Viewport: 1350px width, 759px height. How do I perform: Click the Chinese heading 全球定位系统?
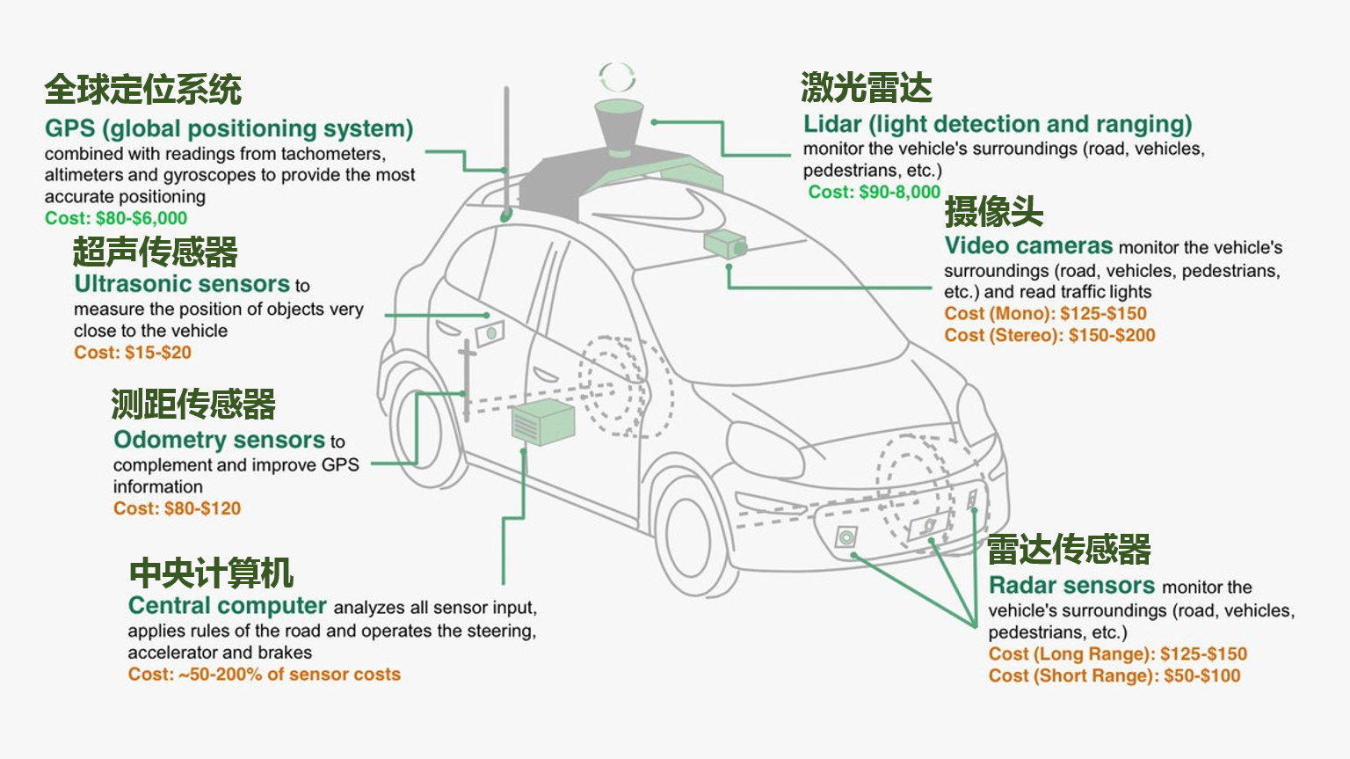[142, 90]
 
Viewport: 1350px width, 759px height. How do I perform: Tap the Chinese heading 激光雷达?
[866, 88]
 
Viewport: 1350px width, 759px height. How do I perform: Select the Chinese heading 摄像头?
[993, 212]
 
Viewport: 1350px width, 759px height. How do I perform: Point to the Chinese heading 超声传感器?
[155, 252]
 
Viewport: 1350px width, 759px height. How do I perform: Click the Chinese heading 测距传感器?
[192, 405]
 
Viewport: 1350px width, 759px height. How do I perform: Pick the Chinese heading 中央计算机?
[211, 573]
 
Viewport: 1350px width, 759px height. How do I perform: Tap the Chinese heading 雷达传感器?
[1068, 550]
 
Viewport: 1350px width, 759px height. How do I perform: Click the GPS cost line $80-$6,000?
[116, 218]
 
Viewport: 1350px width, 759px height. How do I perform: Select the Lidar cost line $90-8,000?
[874, 192]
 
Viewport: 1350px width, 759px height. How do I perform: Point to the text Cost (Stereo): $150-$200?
[1049, 335]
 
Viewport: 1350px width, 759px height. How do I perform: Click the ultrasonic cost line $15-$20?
[133, 353]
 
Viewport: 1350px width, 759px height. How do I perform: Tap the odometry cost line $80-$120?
[177, 508]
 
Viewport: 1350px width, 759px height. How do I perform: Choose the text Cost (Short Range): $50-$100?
[1114, 675]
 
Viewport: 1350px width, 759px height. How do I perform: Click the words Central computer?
[228, 606]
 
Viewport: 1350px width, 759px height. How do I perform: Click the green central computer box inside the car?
[542, 421]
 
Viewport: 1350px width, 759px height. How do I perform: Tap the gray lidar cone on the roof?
[619, 128]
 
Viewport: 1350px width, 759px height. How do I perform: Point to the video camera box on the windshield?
[724, 244]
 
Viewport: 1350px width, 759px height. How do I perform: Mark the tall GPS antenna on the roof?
[506, 150]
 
